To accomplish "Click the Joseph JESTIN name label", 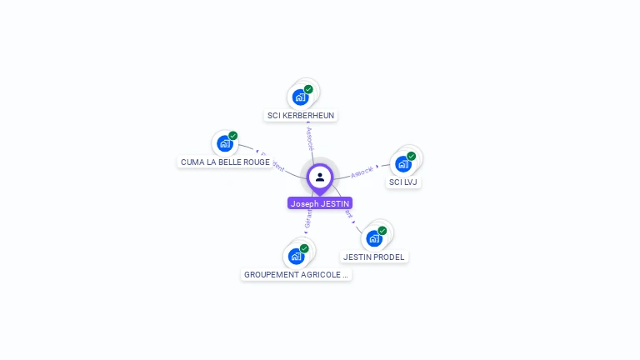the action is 320,203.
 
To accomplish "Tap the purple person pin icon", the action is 320,177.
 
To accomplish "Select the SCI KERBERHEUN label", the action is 301,115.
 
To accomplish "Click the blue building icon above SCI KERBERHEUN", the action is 300,97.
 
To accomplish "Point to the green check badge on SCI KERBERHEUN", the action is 308,89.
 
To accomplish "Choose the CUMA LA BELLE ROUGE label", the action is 225,162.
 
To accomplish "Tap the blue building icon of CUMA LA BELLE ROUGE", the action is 224,143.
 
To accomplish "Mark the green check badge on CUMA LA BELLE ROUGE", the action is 233,136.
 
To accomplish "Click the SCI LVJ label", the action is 403,182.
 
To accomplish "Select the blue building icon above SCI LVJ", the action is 403,164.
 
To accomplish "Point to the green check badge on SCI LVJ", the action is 412,156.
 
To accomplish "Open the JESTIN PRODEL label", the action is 374,257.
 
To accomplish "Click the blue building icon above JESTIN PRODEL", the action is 374,238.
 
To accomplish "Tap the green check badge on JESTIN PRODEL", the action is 382,231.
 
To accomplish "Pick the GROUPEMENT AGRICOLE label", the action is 296,274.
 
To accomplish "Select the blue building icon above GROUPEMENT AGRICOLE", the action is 296,257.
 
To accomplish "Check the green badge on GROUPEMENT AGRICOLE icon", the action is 304,248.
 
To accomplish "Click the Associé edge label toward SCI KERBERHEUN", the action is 310,138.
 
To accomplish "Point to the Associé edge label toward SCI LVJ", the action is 362,172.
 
